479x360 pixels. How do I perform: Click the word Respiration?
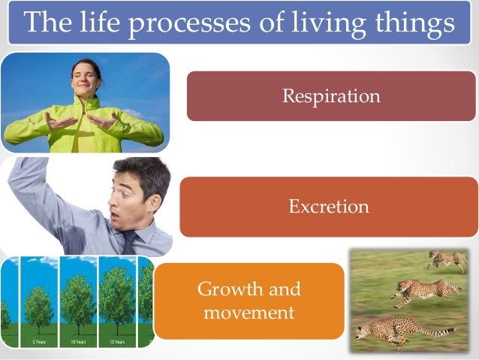pos(331,96)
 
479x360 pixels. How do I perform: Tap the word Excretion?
pos(329,207)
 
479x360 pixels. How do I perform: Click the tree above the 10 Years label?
pos(78,301)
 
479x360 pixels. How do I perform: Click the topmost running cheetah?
pos(447,259)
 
